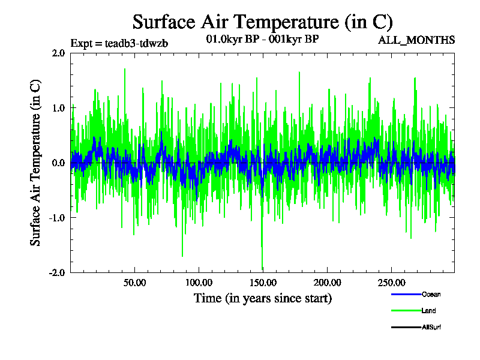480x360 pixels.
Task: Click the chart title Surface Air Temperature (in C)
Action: (x=262, y=22)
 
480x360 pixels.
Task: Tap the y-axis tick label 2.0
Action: (x=58, y=53)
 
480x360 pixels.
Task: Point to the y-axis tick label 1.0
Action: (x=58, y=108)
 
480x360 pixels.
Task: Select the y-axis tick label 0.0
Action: (x=58, y=163)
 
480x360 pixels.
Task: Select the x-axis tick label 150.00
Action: (x=262, y=282)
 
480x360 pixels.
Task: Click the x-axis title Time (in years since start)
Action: (x=262, y=298)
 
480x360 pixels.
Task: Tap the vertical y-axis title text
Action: (x=36, y=163)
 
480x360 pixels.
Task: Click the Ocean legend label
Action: (x=431, y=295)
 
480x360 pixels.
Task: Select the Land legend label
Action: (x=428, y=311)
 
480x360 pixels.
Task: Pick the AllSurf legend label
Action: (x=431, y=327)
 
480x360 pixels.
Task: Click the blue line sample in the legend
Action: (x=406, y=295)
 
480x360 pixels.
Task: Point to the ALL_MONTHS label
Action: (x=416, y=40)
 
